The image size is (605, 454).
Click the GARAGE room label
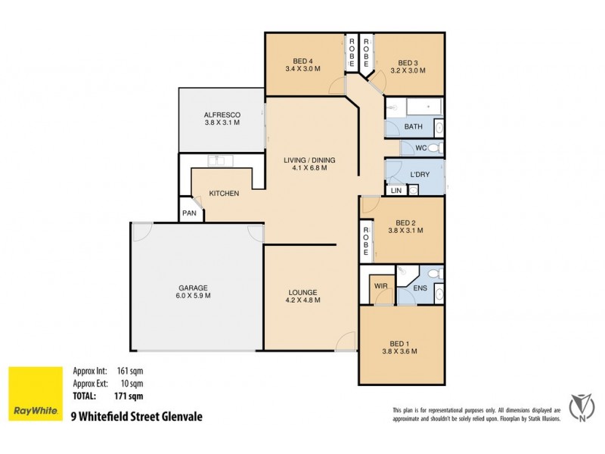(x=193, y=288)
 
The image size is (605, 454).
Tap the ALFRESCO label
(x=222, y=115)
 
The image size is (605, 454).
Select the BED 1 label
(x=399, y=344)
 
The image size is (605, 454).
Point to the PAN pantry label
(x=189, y=213)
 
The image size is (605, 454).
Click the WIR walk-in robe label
(x=381, y=286)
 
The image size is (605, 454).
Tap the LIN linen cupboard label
(x=396, y=191)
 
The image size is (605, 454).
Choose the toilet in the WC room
(x=436, y=148)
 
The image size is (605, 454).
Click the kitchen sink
(x=220, y=160)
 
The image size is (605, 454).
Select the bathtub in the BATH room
(x=424, y=107)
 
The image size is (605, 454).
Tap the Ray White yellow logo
(x=36, y=393)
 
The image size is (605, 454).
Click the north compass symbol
(x=581, y=408)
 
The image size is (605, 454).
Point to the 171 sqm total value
(x=129, y=396)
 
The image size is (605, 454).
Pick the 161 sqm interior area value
(x=130, y=371)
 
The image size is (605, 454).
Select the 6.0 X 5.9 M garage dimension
(x=193, y=296)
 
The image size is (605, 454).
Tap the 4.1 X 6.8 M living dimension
(x=309, y=168)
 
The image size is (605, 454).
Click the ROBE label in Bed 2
(x=365, y=241)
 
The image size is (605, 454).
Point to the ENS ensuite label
(x=420, y=288)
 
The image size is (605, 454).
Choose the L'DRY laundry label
(x=420, y=175)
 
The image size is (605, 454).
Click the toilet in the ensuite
(x=436, y=274)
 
